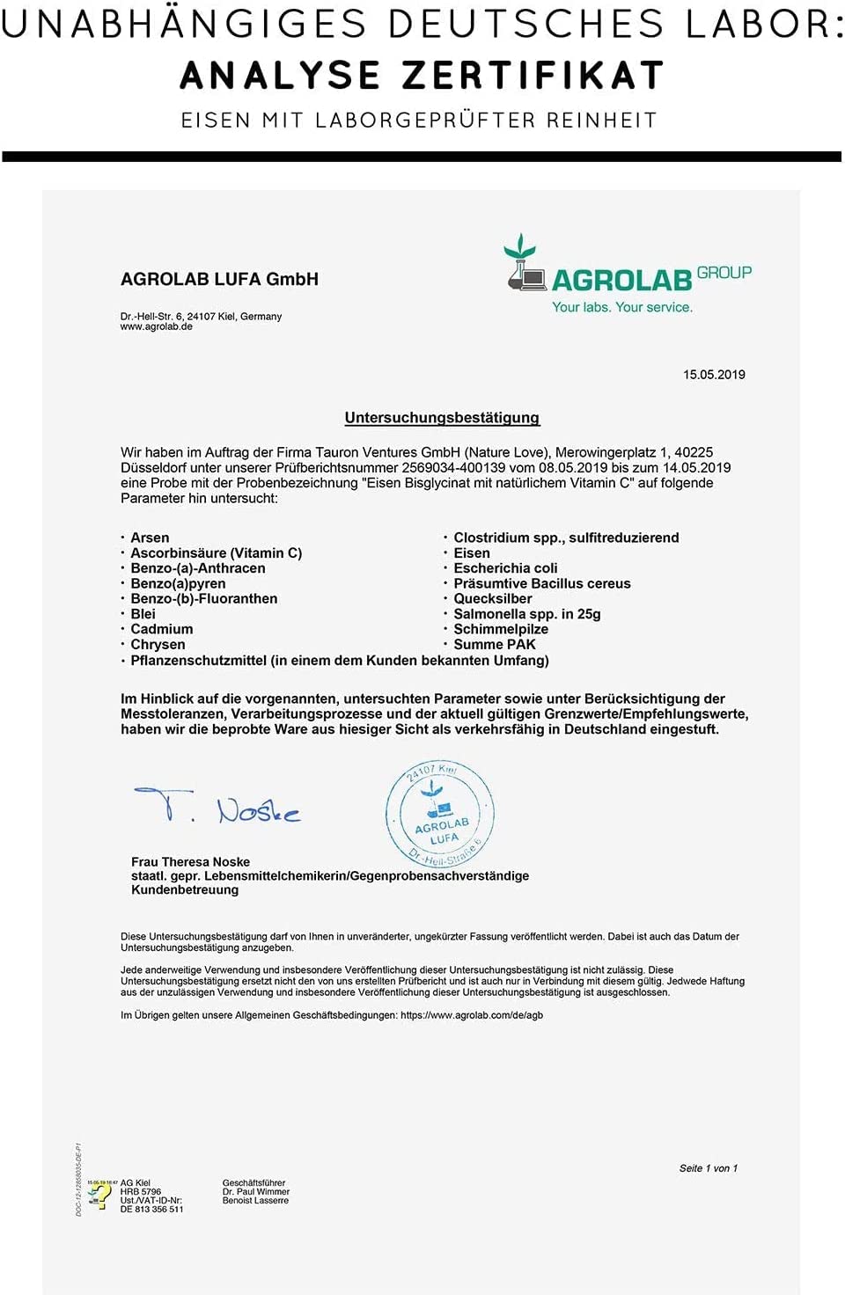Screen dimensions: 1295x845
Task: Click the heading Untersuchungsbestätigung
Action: coord(442,418)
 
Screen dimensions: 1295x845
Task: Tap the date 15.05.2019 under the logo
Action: coord(714,375)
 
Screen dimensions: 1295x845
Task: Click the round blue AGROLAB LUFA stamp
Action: coord(440,814)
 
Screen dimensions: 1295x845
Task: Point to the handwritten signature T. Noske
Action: coord(218,805)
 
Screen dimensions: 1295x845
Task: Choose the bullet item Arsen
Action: coord(150,538)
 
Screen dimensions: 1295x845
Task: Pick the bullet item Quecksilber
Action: coord(492,598)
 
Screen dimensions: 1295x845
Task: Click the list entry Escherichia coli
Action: coord(505,568)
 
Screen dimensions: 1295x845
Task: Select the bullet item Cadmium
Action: coord(161,629)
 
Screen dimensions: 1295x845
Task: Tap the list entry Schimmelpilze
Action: coord(500,629)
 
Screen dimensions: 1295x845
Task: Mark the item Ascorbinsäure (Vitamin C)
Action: coord(216,553)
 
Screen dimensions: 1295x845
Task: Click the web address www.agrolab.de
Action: coord(157,327)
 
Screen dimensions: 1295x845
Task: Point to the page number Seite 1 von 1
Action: coord(708,1168)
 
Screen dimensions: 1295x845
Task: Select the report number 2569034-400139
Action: coord(453,468)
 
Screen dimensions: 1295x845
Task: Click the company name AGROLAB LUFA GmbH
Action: coord(219,279)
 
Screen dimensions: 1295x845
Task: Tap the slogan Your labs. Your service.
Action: coord(621,307)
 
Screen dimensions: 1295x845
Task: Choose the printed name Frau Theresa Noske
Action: coord(190,862)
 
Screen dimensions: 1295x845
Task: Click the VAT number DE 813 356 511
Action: coord(152,1210)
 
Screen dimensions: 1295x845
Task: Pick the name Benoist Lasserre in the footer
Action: coord(255,1201)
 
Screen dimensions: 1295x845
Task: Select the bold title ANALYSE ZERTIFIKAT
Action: coord(422,76)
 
